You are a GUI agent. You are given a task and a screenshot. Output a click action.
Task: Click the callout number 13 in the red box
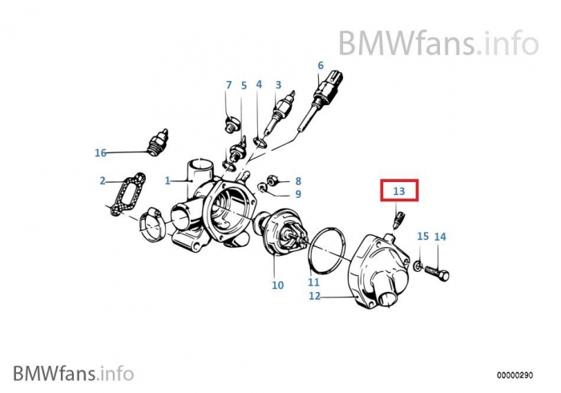[399, 191]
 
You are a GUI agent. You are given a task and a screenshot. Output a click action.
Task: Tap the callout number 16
[100, 153]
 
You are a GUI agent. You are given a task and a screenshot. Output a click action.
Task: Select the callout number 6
[321, 66]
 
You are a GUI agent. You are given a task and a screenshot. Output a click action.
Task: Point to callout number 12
[314, 297]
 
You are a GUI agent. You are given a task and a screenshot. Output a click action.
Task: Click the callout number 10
[277, 286]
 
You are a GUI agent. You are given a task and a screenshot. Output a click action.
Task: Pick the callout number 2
[103, 180]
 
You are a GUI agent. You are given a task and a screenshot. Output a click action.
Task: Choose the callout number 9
[298, 194]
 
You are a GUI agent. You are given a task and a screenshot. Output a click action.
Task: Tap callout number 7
[229, 85]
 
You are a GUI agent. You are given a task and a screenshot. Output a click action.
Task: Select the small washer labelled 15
[418, 265]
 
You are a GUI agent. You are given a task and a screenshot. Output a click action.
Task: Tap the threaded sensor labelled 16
[157, 143]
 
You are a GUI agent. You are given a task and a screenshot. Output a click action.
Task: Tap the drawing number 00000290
[515, 375]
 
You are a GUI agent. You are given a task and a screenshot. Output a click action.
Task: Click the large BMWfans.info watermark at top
[438, 43]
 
